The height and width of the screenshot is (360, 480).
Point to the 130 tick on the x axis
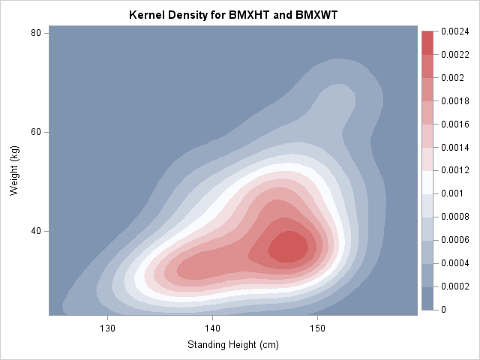[108, 328]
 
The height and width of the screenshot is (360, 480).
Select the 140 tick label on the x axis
[213, 328]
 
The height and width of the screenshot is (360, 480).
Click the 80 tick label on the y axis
[35, 34]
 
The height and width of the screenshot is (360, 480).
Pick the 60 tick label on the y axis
[35, 132]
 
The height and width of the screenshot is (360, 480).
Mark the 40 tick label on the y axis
[35, 231]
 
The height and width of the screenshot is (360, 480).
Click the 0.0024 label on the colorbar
[454, 31]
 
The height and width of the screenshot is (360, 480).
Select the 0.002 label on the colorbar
[451, 78]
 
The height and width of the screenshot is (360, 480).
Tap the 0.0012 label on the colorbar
[454, 170]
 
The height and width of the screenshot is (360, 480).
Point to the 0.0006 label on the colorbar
[454, 240]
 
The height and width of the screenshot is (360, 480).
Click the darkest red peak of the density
[288, 247]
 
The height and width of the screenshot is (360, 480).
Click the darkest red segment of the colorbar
[427, 43]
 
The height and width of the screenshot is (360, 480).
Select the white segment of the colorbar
[427, 181]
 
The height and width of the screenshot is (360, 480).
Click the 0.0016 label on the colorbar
[454, 124]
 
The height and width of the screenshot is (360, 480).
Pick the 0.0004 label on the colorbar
[454, 263]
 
